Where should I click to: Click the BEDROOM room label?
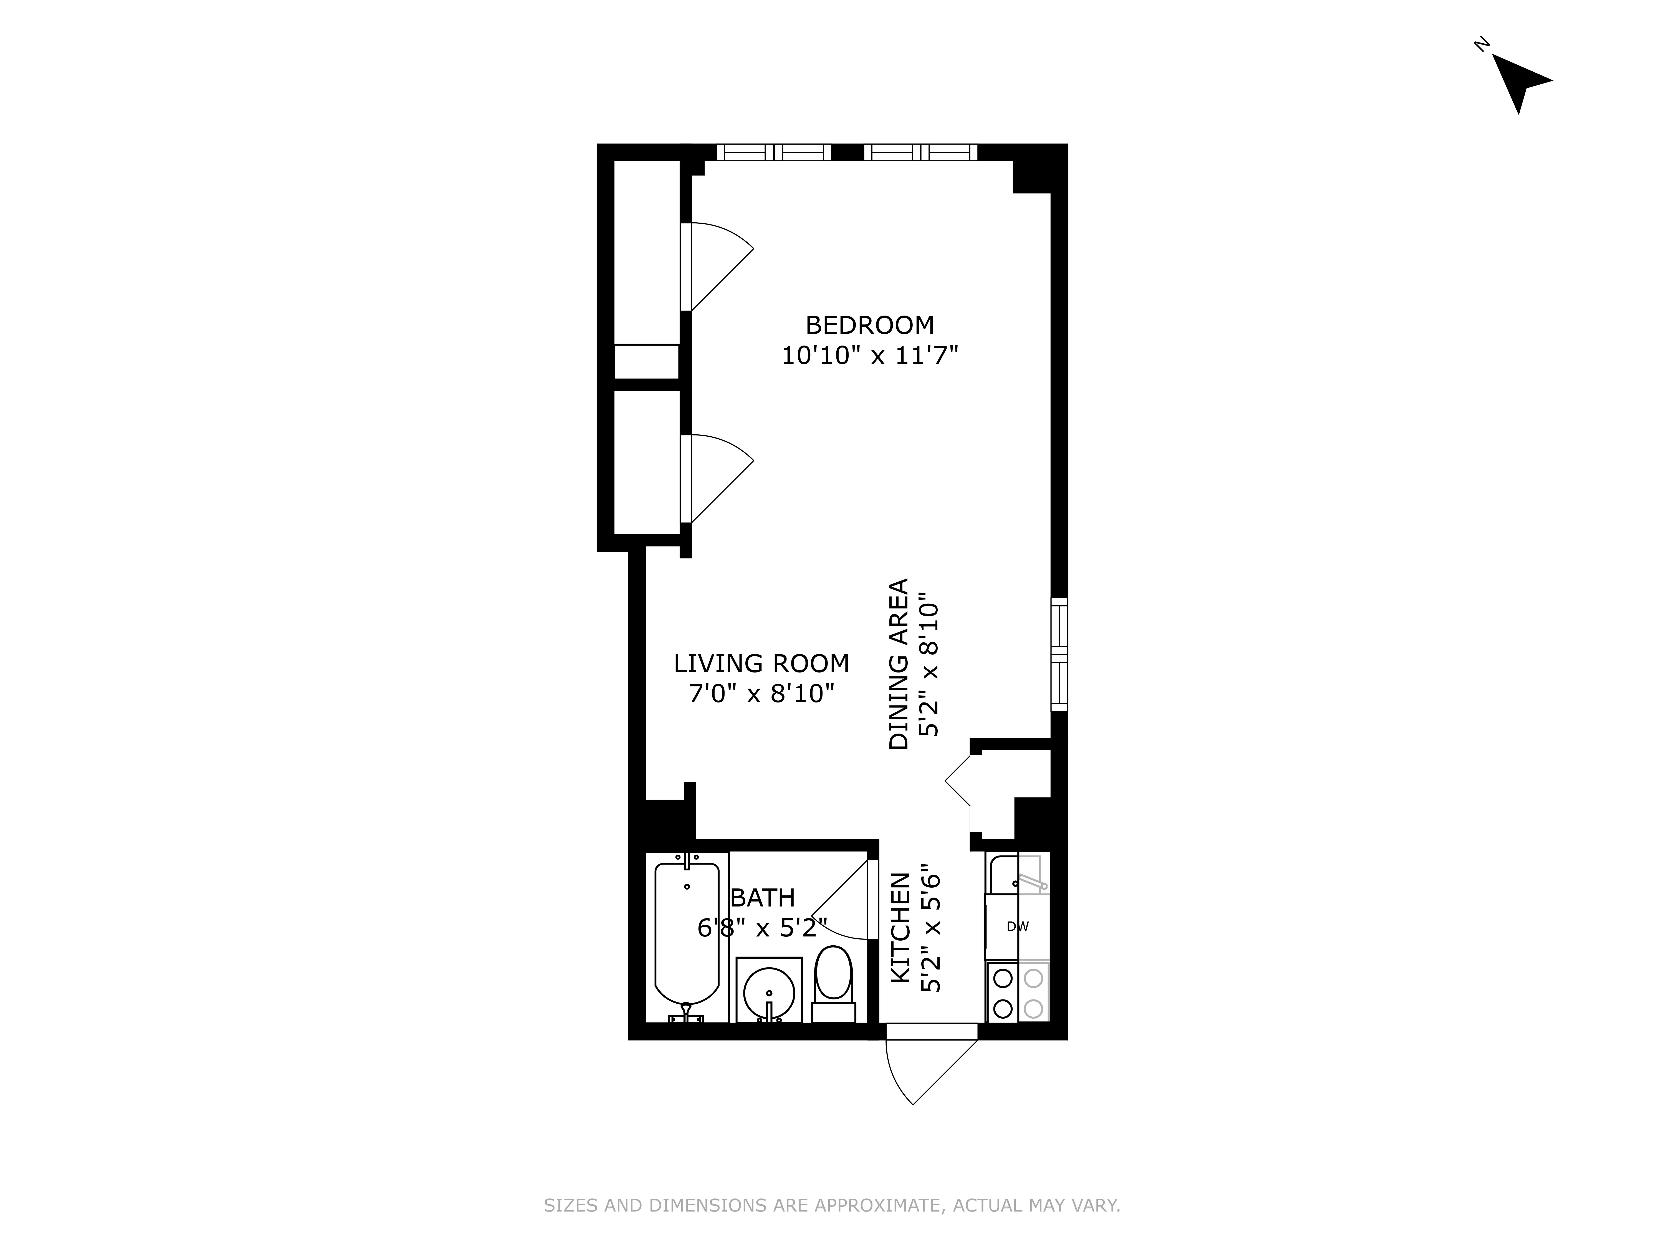(x=869, y=325)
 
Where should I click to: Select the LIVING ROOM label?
(x=761, y=663)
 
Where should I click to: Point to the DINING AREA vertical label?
(x=899, y=664)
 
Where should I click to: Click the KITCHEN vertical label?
(x=901, y=928)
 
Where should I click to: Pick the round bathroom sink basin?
(x=768, y=992)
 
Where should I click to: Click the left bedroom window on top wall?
(x=773, y=152)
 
